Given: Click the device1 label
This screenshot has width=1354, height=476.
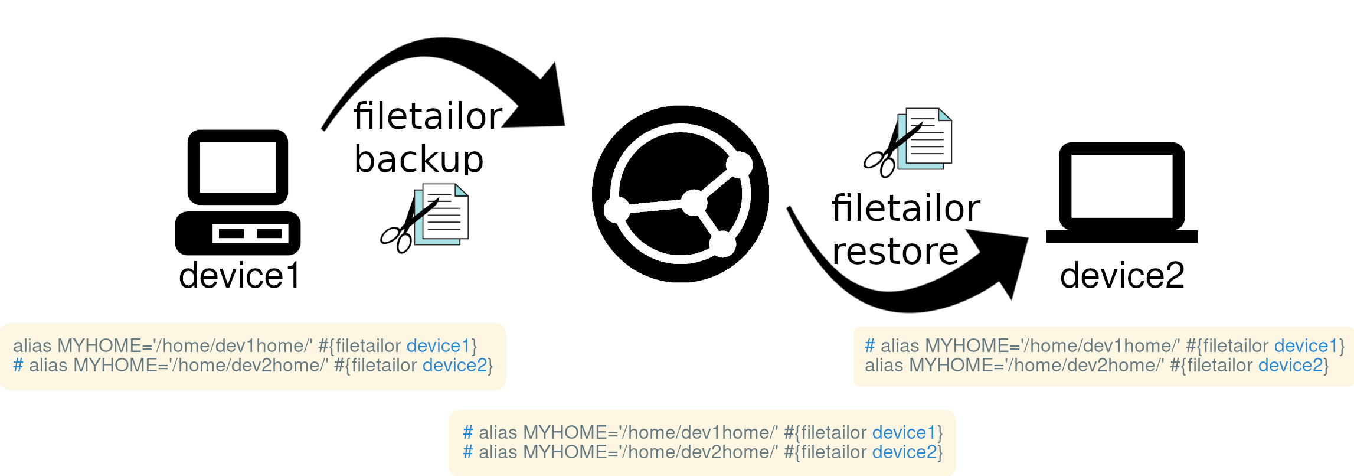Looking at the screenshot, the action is click(239, 276).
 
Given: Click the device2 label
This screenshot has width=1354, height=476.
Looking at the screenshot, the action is click(1122, 275).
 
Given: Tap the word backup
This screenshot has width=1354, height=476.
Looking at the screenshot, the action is click(418, 159).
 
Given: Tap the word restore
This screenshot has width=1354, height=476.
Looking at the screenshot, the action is click(895, 252).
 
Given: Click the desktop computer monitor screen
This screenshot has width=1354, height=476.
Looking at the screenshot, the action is click(238, 167).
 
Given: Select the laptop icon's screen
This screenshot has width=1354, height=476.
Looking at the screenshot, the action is click(1121, 186).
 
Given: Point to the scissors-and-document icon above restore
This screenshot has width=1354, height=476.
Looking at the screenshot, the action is click(909, 142).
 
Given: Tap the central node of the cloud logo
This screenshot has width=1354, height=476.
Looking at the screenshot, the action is click(694, 203).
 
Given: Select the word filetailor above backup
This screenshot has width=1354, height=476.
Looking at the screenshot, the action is click(428, 116).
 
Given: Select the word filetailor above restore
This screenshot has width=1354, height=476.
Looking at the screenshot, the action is click(906, 208).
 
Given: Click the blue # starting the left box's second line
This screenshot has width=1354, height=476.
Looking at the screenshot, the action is click(18, 366).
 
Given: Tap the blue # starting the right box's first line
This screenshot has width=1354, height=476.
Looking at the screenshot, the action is click(869, 345).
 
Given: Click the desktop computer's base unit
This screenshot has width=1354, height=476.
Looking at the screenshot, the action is click(238, 233).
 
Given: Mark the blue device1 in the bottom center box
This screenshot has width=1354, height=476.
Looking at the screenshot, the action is click(904, 433).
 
